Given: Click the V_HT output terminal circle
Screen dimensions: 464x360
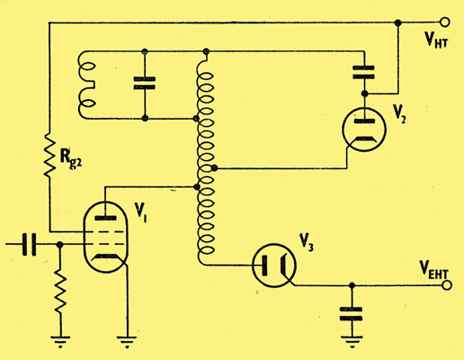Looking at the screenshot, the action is [x=445, y=22].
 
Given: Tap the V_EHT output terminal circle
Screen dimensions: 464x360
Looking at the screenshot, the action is [x=447, y=285].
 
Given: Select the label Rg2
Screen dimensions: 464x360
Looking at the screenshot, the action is [x=71, y=158].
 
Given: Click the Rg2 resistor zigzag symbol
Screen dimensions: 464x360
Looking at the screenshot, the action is [x=49, y=155].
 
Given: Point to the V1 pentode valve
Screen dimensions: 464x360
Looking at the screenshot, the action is [x=105, y=237].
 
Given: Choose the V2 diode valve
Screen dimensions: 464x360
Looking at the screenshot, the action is [x=364, y=129].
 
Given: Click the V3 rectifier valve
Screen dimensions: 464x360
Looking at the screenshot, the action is [x=274, y=265].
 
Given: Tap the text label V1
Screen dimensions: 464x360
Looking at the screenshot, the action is [x=140, y=212].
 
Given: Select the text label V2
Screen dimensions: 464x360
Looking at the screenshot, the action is [x=400, y=113].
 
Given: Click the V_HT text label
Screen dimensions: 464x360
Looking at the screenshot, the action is [x=436, y=39].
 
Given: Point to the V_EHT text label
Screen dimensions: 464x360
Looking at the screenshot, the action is [x=433, y=269].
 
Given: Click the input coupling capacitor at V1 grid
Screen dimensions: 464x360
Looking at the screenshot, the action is [x=29, y=244].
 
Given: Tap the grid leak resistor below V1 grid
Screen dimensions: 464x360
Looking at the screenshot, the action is [x=60, y=292].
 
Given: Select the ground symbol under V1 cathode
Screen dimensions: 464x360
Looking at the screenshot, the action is [x=127, y=341].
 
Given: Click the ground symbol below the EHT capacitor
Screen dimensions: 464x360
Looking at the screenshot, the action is [x=352, y=341].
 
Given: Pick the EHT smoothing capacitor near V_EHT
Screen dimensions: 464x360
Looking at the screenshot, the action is [x=352, y=314].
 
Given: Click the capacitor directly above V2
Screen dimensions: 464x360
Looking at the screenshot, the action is [x=364, y=72].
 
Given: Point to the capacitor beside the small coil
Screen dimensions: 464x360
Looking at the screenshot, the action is [x=145, y=83].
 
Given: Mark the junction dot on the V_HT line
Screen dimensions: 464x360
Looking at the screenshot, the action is [x=397, y=22].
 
